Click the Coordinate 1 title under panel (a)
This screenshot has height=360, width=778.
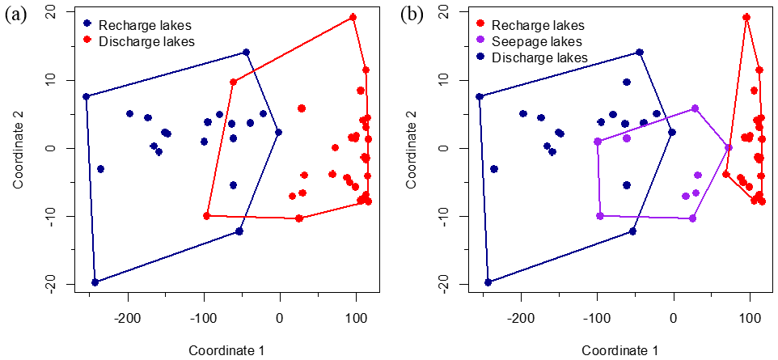pos(226,349)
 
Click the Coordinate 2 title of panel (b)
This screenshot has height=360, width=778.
pos(412,148)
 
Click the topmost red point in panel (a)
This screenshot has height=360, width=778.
pos(353,17)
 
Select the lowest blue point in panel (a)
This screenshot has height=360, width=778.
pos(95,282)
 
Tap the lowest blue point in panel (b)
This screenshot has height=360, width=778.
pos(488,282)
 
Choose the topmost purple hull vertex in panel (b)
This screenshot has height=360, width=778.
pos(695,108)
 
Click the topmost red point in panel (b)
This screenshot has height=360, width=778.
pos(746,17)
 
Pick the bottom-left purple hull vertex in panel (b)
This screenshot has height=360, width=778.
pos(600,216)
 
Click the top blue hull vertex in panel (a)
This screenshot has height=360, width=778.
pos(247,53)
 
